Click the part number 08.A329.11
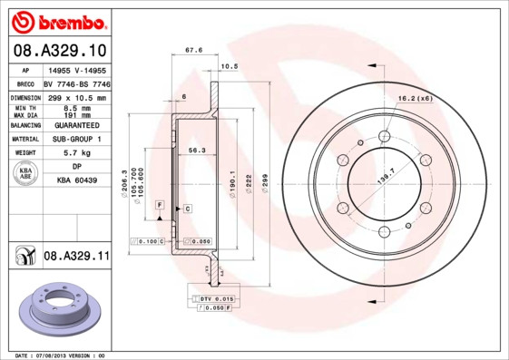76,257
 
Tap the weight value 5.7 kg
77,153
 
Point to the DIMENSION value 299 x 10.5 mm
77,97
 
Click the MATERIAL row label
24,140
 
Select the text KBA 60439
77,181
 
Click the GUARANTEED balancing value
77,125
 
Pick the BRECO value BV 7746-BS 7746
78,83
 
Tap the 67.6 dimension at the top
193,52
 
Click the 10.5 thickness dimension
230,66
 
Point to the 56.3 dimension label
197,151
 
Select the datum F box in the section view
161,207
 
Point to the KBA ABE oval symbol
24,174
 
